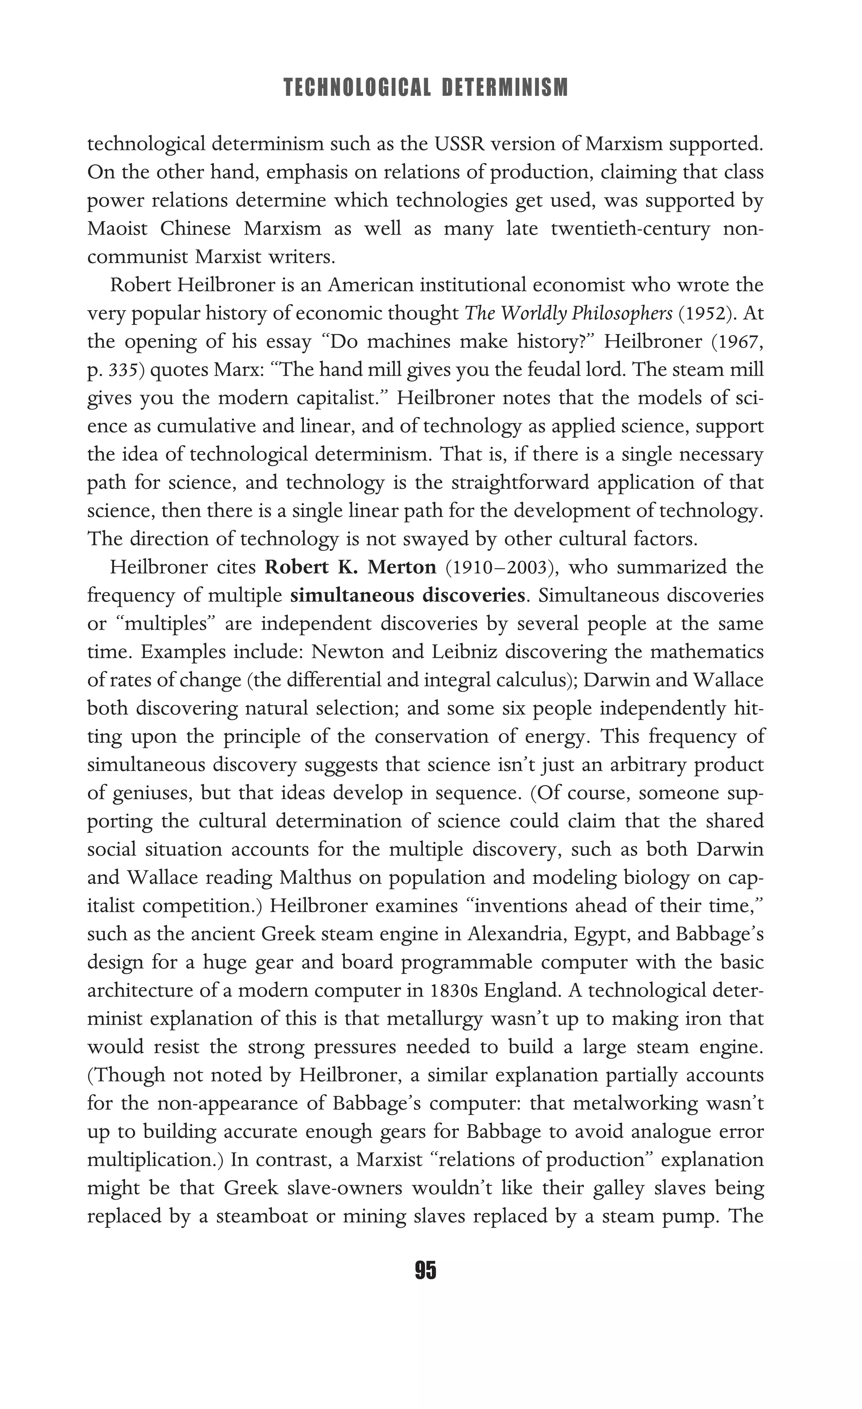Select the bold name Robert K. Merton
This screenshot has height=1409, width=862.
(351, 567)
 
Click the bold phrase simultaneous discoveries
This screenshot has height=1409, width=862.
(407, 596)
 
